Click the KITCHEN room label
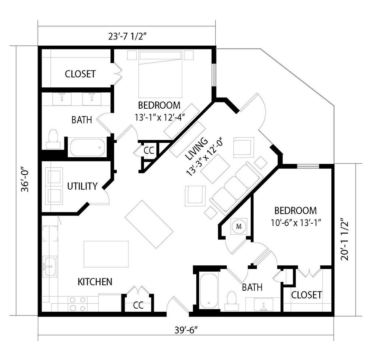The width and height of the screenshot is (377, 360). (x=95, y=282)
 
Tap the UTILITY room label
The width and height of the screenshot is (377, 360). (x=82, y=186)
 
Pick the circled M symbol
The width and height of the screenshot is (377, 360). (x=239, y=226)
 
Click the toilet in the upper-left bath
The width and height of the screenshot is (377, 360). (x=54, y=139)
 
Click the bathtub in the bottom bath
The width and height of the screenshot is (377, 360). (x=209, y=291)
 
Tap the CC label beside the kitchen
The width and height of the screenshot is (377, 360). (x=138, y=305)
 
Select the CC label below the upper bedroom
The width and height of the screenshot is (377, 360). (x=149, y=150)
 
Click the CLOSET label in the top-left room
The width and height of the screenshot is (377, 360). (x=80, y=74)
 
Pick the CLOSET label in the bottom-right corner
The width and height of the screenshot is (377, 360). (x=307, y=295)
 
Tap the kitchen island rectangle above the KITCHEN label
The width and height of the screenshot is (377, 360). (x=106, y=254)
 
